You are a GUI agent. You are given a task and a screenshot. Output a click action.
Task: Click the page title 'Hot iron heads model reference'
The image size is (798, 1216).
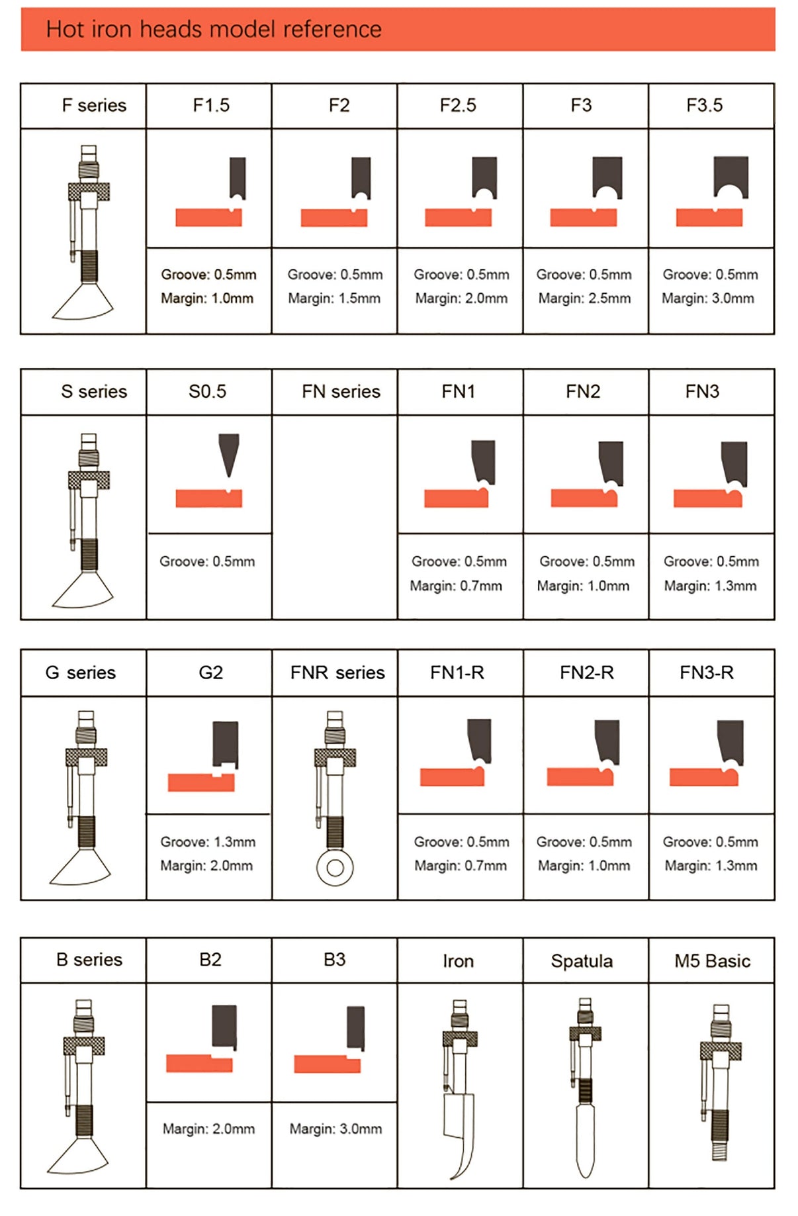214,29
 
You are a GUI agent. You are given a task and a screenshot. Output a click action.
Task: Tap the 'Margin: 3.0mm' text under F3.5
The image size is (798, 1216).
708,299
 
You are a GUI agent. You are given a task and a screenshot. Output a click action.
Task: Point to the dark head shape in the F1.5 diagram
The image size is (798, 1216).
238,177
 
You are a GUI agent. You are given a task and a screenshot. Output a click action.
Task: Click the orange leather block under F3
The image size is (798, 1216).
584,217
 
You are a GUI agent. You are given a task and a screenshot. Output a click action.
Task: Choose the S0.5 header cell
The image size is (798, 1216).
208,391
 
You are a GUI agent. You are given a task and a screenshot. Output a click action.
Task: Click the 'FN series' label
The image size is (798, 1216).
341,391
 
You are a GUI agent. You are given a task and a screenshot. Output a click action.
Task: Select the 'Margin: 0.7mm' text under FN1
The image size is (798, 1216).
456,586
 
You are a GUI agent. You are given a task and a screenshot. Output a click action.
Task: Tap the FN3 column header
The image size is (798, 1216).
702,391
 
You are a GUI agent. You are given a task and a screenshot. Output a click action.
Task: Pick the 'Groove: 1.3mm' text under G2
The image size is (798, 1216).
208,842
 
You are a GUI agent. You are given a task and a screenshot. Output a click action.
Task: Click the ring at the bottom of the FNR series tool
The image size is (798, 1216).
335,867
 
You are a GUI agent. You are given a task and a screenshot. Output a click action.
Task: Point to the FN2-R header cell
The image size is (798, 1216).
586,673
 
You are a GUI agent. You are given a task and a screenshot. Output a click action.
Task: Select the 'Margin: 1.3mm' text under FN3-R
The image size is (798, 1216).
711,866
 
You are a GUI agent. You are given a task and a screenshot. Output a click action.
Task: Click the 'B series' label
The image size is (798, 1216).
89,959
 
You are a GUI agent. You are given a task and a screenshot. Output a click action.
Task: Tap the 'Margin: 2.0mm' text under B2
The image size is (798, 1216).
208,1129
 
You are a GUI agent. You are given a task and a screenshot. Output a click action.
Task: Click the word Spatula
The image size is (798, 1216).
582,961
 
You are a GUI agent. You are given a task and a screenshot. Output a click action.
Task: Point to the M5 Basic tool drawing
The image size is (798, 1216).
721,1082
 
